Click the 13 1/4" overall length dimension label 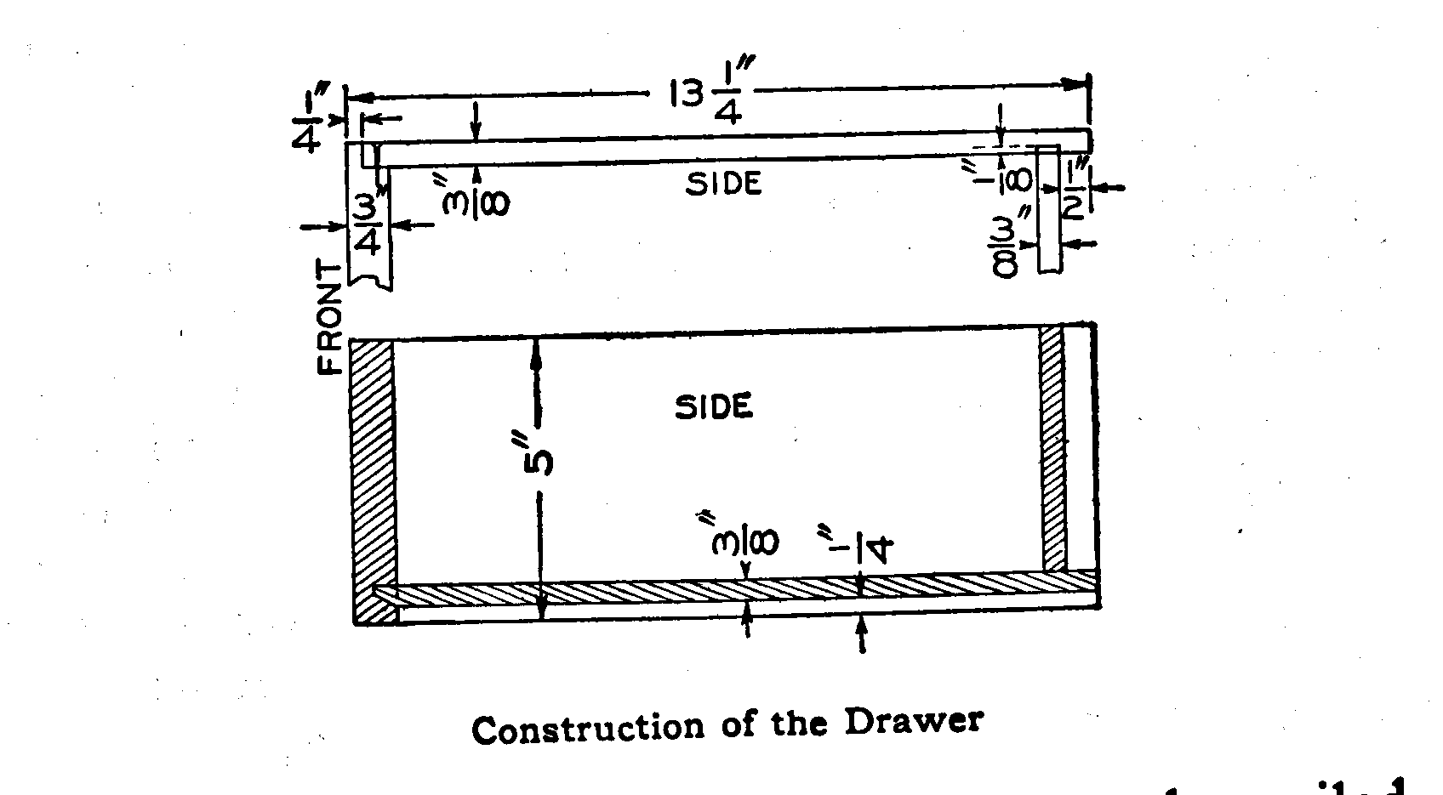706,96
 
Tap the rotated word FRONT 329,317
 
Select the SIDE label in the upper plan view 723,184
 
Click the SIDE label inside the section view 715,407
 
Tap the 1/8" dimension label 1018,176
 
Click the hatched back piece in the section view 1053,446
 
